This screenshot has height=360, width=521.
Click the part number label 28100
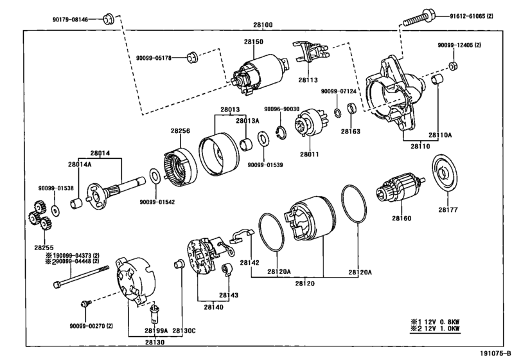pos(263,25)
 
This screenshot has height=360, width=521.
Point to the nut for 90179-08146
pos(108,19)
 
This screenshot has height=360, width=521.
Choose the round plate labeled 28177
pos(445,173)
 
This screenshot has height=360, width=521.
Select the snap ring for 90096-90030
pos(281,132)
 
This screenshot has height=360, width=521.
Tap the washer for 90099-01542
pos(155,176)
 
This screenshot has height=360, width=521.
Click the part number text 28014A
pos(80,164)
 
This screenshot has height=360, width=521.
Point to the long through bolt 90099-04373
pos(81,276)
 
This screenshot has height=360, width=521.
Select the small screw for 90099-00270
pos(85,303)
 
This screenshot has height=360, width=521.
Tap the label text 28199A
pos(156,330)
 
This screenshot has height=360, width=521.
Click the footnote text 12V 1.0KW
pos(439,328)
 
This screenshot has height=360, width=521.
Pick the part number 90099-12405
pos(455,45)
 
